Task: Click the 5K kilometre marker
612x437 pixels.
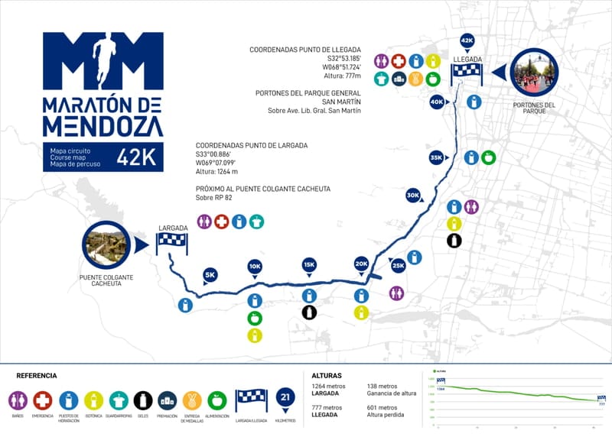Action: coord(210,275)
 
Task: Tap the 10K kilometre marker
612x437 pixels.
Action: coord(255,267)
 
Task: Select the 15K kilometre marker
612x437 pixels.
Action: coord(308,265)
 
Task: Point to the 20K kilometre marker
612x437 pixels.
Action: coord(361,264)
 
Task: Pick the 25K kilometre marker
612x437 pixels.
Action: coord(399,266)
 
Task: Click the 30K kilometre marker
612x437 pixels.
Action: coord(413,196)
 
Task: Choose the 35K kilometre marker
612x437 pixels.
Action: coord(436,158)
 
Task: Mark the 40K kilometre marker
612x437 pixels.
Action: coord(437,102)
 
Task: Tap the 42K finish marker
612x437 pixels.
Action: coord(467,40)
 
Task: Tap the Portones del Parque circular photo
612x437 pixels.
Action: coord(534,73)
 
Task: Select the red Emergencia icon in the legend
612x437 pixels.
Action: coord(43,400)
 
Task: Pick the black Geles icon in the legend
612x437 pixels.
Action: coord(143,400)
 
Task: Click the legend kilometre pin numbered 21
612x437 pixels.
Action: coord(285,397)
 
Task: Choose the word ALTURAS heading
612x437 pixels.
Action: coord(327,376)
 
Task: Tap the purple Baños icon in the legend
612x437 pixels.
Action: coord(18,400)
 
